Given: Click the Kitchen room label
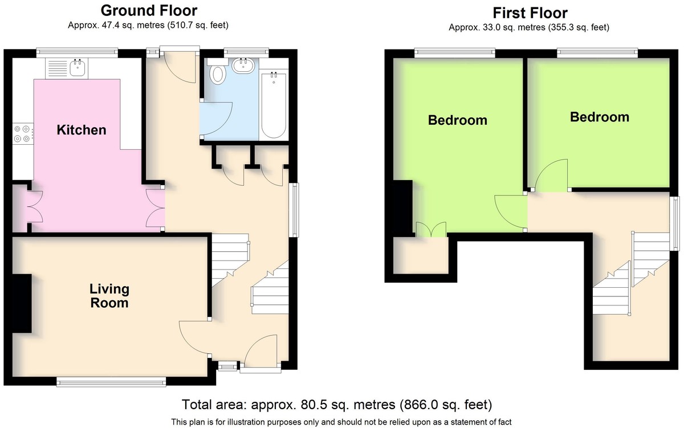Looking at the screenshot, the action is click(x=82, y=130).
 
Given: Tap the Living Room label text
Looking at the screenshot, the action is click(x=109, y=296).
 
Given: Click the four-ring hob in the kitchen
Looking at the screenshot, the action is click(x=23, y=134).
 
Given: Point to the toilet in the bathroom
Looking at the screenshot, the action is click(x=217, y=72).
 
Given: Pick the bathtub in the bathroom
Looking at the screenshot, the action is click(x=274, y=105).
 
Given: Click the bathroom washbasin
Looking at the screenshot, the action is click(x=243, y=66).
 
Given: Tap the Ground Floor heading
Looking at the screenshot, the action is click(x=149, y=11).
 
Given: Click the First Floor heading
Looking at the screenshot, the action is click(x=530, y=13).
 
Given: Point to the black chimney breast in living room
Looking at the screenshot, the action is click(x=22, y=303).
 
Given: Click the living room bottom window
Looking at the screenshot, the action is click(x=111, y=382).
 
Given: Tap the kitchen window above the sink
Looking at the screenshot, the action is click(x=78, y=53).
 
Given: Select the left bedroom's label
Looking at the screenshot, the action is click(x=457, y=120).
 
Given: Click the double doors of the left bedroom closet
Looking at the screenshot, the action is click(x=431, y=229).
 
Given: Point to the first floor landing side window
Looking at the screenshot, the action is click(x=675, y=223).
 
